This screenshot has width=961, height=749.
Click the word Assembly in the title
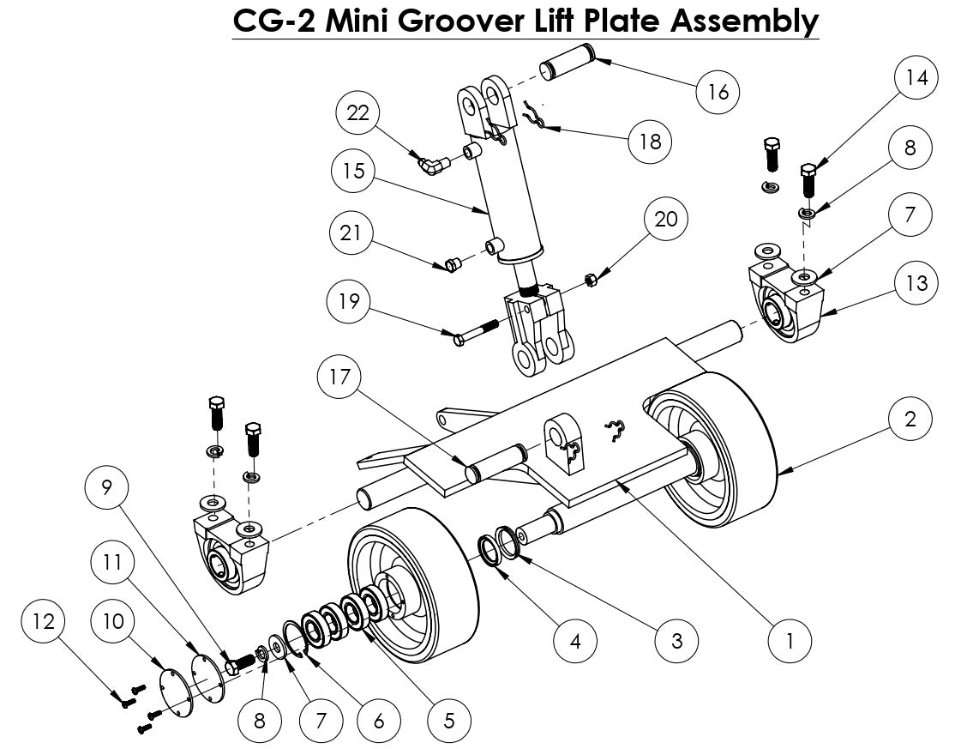(743, 21)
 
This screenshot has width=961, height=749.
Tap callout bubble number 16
(718, 91)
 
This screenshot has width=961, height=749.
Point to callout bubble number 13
(916, 283)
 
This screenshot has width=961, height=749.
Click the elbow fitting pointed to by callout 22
(430, 162)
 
